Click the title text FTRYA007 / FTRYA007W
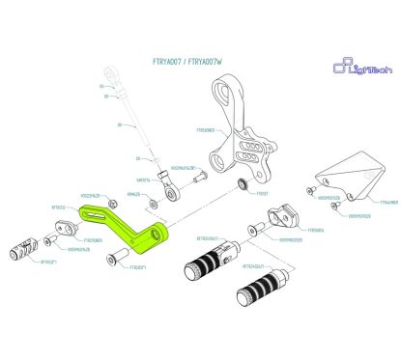tap(187, 61)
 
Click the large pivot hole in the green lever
tap(154, 235)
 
